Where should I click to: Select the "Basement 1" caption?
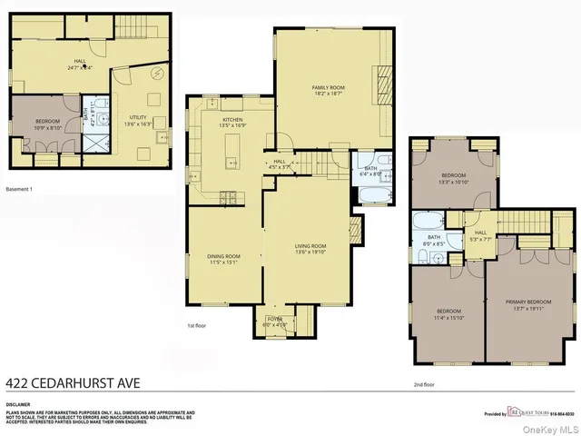click(19, 188)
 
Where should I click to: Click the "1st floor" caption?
click(185, 323)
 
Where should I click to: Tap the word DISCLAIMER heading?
click(18, 404)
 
